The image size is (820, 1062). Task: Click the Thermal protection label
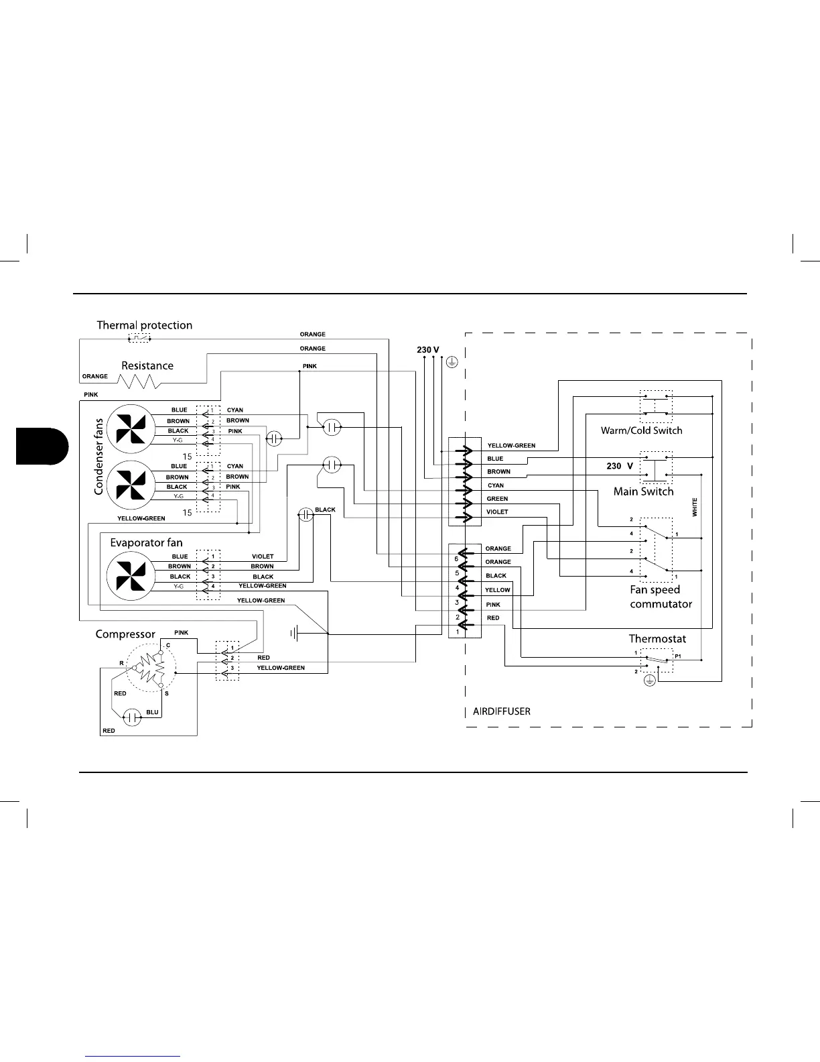(144, 326)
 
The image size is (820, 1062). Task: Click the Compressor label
(125, 634)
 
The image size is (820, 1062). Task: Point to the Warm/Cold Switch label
(641, 430)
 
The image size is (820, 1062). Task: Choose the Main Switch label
(643, 491)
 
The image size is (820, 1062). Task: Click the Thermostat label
(657, 639)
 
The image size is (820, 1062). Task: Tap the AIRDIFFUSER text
(502, 711)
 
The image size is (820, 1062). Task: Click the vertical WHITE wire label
(695, 506)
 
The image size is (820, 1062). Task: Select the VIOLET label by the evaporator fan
(263, 556)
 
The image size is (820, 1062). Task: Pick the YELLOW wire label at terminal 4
(498, 590)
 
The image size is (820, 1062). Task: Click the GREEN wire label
(497, 499)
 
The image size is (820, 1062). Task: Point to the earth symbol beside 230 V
(452, 363)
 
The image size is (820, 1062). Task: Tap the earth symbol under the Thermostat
(648, 681)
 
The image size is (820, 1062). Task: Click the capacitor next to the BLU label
(133, 717)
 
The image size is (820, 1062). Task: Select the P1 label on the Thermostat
(678, 656)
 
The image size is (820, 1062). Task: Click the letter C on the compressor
(168, 645)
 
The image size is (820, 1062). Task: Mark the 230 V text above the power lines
(428, 350)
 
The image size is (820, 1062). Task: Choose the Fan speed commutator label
(661, 597)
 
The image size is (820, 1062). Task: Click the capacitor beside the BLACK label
(305, 514)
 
